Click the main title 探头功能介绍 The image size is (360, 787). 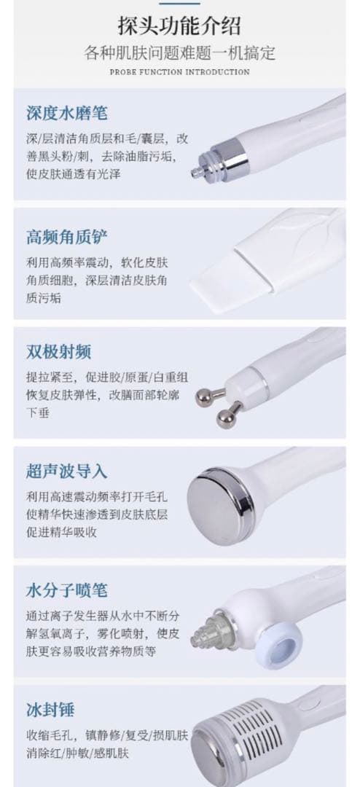click(179, 26)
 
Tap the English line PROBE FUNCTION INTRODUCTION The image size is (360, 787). click(179, 71)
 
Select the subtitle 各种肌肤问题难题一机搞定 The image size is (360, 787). click(179, 52)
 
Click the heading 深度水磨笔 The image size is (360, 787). click(67, 112)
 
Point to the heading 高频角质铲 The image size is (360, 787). click(67, 237)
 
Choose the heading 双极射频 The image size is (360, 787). click(59, 351)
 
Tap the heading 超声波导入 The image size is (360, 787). click(67, 471)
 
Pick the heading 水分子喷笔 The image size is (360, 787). click(67, 590)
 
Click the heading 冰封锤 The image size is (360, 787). click(50, 710)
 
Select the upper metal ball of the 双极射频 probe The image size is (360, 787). click(203, 396)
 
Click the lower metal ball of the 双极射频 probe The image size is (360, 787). click(225, 418)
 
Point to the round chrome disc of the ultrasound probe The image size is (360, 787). click(219, 506)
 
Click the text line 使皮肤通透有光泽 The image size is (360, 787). click(74, 174)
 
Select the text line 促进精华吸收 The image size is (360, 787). click(61, 532)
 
